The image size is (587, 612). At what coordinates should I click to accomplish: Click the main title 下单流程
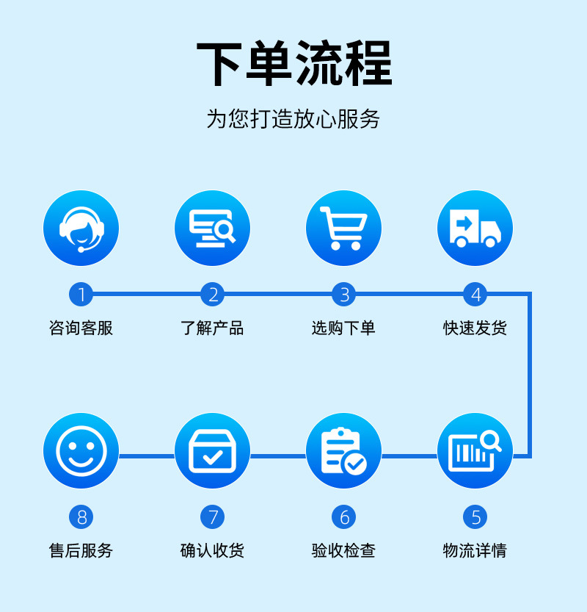294,65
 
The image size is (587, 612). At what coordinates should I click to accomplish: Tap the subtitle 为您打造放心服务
293,118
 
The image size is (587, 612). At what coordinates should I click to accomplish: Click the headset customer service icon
81,228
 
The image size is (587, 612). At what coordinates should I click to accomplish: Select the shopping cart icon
343,228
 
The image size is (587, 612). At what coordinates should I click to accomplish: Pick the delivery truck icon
475,228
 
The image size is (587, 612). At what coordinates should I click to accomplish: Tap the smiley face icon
81,450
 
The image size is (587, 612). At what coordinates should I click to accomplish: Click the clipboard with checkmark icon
343,450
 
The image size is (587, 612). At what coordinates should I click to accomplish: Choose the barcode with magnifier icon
475,450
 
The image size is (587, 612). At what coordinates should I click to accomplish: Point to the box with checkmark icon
212,450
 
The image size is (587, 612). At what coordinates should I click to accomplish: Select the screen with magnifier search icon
212,228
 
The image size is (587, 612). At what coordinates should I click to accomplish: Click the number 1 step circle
81,295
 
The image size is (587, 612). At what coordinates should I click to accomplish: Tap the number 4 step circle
475,295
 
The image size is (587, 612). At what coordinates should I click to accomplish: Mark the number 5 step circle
475,517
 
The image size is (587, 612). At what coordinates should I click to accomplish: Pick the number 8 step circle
81,517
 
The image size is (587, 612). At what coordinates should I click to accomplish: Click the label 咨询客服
81,328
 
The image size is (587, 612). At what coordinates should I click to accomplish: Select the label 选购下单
343,328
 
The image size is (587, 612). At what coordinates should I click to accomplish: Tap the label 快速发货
475,328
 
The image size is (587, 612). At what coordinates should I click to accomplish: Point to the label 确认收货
212,550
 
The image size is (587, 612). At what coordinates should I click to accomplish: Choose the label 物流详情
475,550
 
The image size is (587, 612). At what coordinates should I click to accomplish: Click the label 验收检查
343,550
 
